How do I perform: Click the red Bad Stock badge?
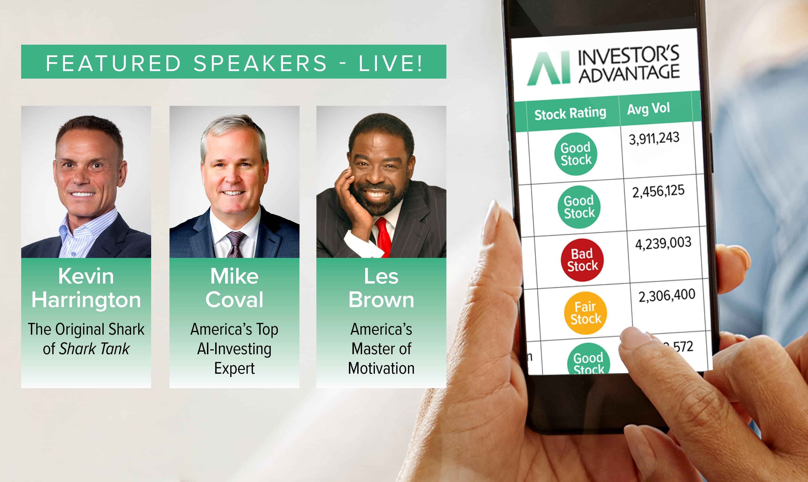(x=582, y=260)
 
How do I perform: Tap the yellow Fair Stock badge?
(x=586, y=313)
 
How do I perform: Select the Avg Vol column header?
(x=648, y=108)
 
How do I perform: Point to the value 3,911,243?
(x=654, y=138)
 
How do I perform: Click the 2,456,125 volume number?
(x=658, y=191)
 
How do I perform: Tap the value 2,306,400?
(x=667, y=296)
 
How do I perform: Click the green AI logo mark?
(x=549, y=68)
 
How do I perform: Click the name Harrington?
(x=86, y=299)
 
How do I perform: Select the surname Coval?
(x=234, y=299)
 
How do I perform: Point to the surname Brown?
(x=381, y=299)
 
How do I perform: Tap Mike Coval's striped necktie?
(x=235, y=244)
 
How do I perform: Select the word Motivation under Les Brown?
(x=381, y=368)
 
